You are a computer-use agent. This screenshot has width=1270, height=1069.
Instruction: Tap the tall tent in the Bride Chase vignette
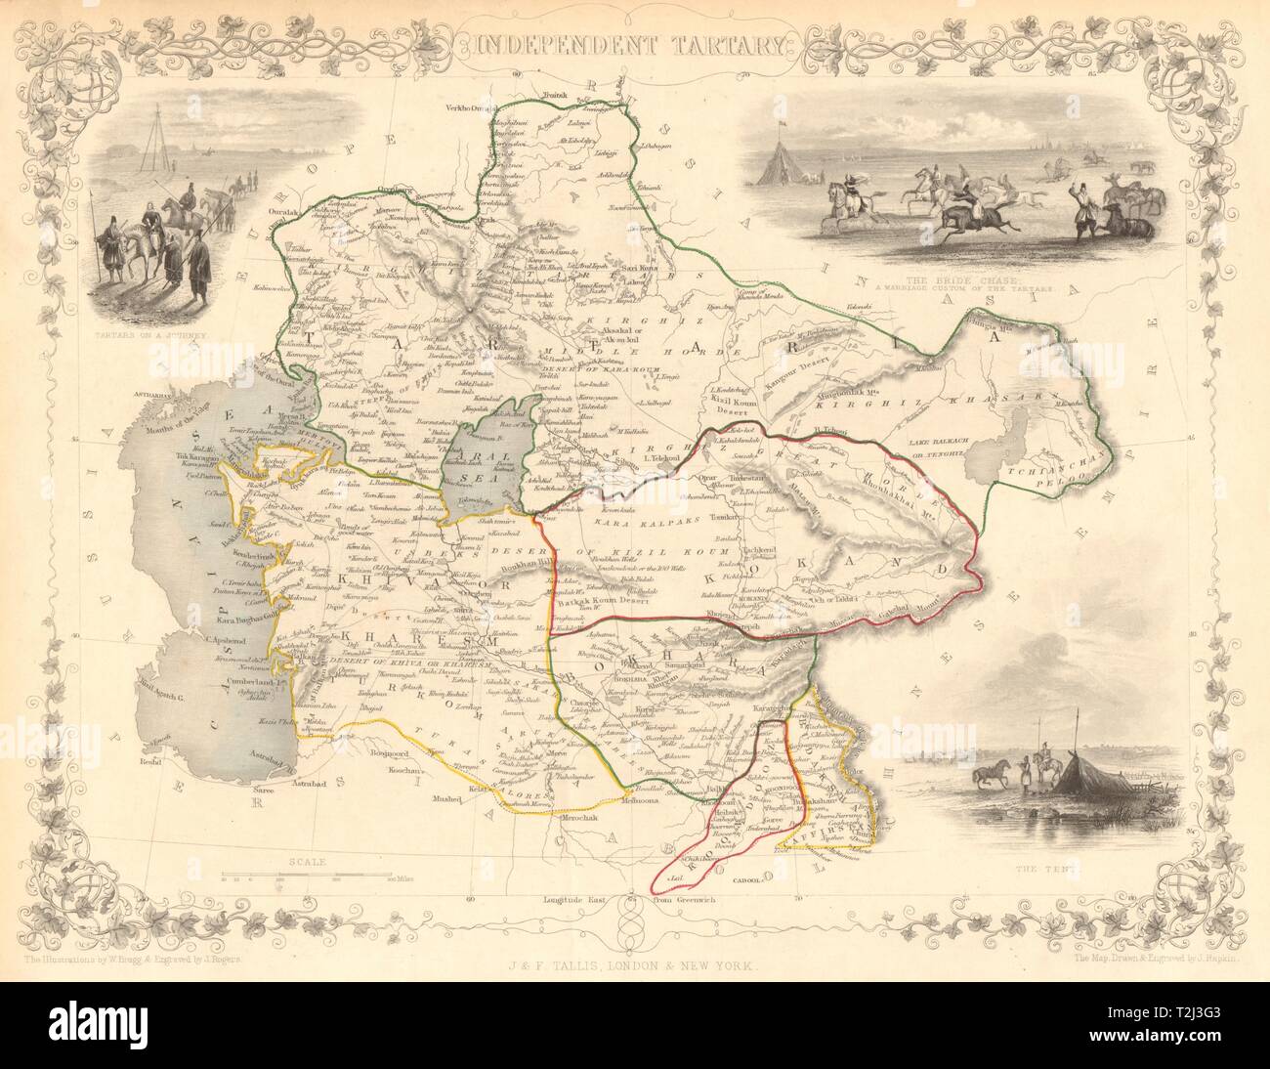778,158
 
